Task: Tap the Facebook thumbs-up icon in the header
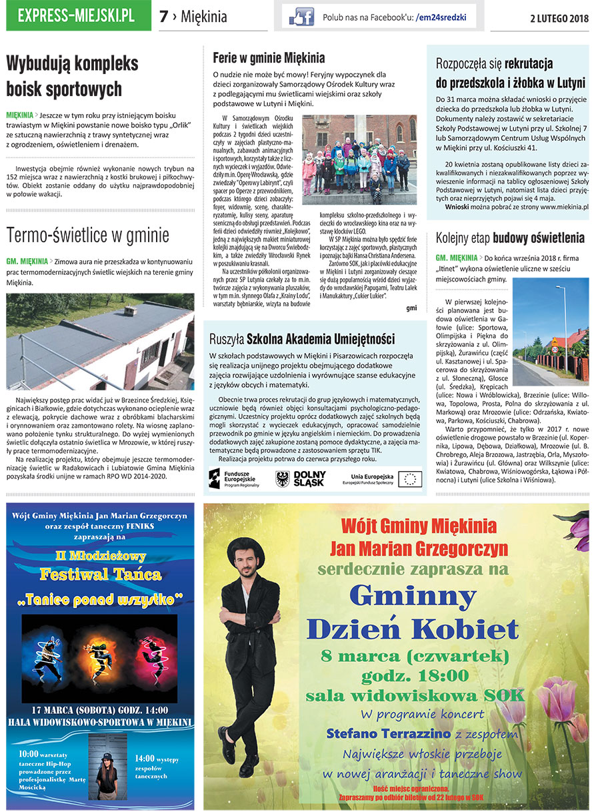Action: click(x=301, y=17)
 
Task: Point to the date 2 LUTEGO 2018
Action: click(x=559, y=18)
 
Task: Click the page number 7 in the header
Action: click(x=163, y=17)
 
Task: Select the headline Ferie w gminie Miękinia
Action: click(x=269, y=57)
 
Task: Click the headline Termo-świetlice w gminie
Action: click(x=87, y=235)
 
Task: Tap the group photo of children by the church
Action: click(x=359, y=159)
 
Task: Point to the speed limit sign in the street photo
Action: click(x=555, y=348)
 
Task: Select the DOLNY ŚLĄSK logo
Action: click(x=301, y=478)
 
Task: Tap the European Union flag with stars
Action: click(x=409, y=478)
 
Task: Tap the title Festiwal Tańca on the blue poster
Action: click(x=100, y=573)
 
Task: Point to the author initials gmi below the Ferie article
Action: click(x=411, y=308)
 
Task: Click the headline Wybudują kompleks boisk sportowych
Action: click(x=72, y=76)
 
